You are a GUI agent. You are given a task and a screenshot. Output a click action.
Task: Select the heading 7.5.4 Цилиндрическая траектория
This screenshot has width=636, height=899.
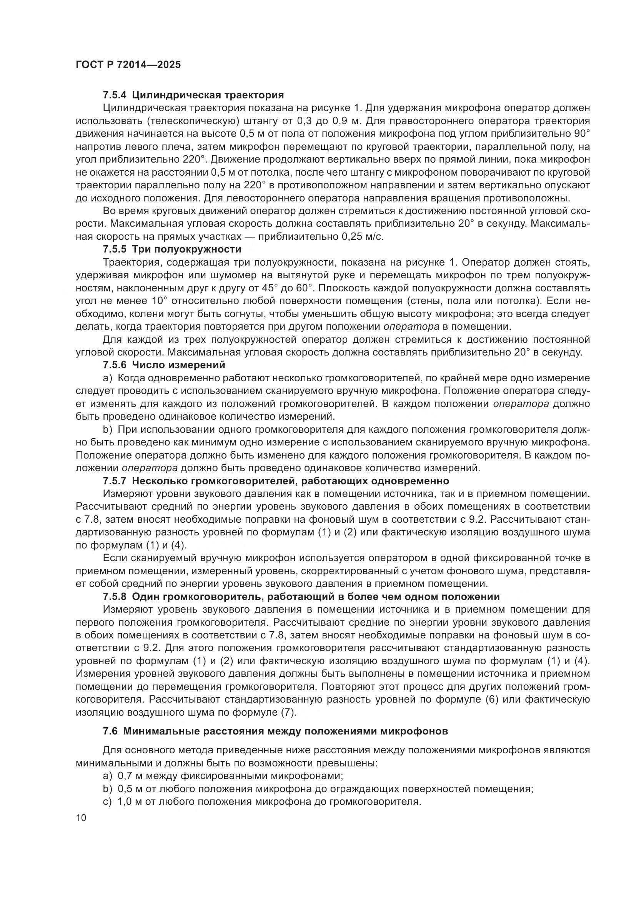[193, 95]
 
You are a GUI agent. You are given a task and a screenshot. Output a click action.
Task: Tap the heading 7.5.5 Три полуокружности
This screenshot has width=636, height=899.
[172, 249]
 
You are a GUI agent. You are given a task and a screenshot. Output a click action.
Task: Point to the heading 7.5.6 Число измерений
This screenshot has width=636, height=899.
[164, 365]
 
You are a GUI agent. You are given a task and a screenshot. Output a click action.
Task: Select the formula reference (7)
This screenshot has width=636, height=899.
[288, 712]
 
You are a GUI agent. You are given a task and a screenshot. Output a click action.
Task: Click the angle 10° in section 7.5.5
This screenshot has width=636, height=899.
[158, 301]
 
